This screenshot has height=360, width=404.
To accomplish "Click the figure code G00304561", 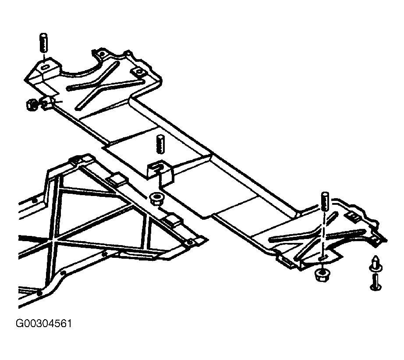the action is (x=44, y=324).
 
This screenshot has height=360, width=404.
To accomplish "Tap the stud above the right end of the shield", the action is (x=325, y=201).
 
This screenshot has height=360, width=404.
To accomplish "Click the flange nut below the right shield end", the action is (x=322, y=276).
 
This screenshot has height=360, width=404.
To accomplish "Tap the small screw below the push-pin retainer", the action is (x=375, y=281).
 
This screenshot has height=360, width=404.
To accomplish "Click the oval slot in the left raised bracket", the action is (x=45, y=67).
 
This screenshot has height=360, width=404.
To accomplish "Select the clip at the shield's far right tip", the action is (x=378, y=239).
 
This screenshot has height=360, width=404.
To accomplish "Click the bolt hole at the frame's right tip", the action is (x=189, y=242).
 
